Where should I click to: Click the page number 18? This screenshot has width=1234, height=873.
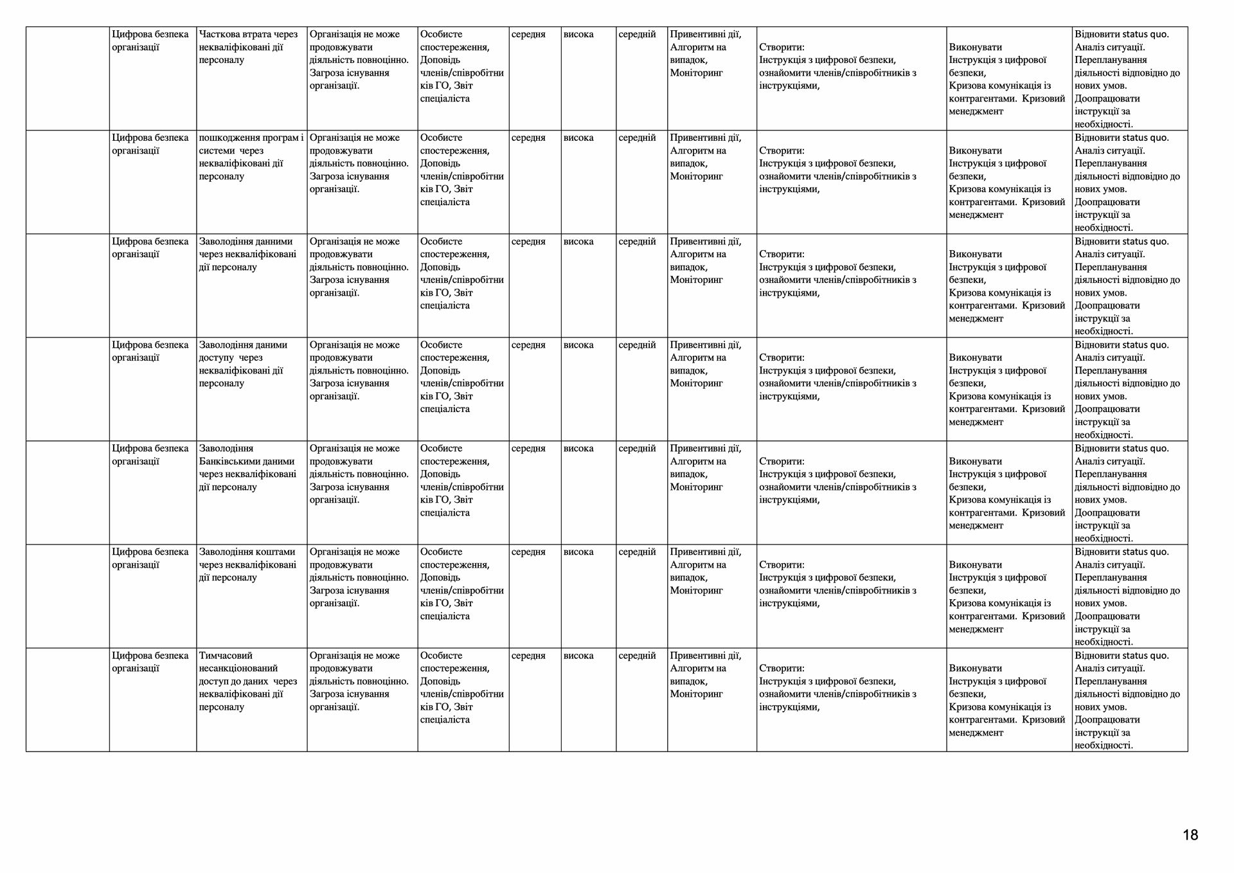tap(1190, 835)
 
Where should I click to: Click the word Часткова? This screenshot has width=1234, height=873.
tap(219, 34)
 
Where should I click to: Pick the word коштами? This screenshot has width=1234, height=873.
tap(275, 552)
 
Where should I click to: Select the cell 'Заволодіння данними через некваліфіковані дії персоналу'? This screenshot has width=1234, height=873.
tap(247, 254)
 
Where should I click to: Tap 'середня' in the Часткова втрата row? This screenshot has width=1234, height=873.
tap(528, 34)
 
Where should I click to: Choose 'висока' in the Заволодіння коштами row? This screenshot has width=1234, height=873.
tap(578, 552)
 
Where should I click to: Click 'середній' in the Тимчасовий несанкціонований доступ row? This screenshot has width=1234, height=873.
tap(637, 656)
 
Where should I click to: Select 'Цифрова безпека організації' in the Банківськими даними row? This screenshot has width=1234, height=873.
tap(150, 455)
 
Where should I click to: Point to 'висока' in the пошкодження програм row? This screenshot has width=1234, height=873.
tap(578, 138)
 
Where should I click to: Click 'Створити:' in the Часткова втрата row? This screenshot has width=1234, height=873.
tap(782, 47)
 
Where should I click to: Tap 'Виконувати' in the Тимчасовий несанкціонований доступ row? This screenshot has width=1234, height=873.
tap(975, 669)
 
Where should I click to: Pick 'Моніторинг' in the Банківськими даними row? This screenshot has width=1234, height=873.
tap(696, 487)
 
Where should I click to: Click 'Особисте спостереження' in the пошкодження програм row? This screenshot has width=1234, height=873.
tap(454, 144)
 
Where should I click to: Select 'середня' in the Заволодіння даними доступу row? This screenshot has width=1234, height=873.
tap(528, 345)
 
